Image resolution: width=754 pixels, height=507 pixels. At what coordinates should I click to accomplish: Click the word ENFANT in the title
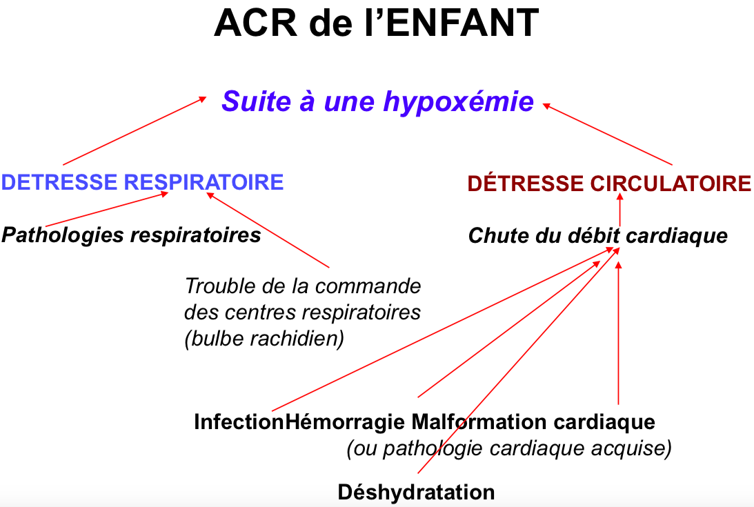[463, 23]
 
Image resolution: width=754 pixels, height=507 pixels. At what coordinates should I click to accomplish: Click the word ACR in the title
[255, 23]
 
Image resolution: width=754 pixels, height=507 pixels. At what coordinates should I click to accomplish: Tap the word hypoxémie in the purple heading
[459, 102]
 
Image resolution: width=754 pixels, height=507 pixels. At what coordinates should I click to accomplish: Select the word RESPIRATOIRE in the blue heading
[204, 182]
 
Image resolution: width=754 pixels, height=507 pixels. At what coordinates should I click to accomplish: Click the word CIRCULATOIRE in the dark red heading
[671, 183]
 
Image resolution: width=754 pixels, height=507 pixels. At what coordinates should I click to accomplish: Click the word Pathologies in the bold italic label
[63, 235]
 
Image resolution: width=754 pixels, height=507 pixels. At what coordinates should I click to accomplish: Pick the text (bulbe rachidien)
[264, 339]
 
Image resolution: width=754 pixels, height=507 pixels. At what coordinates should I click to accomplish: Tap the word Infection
[239, 422]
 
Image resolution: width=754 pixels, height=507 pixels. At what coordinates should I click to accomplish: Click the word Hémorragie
[345, 422]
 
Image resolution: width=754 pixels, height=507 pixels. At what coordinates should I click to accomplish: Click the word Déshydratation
[416, 492]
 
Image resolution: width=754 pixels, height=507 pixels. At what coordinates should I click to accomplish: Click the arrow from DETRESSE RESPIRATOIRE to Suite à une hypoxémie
[135, 131]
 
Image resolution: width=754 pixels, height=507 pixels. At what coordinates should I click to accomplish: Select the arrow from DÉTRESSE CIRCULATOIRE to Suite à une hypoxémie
[607, 135]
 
